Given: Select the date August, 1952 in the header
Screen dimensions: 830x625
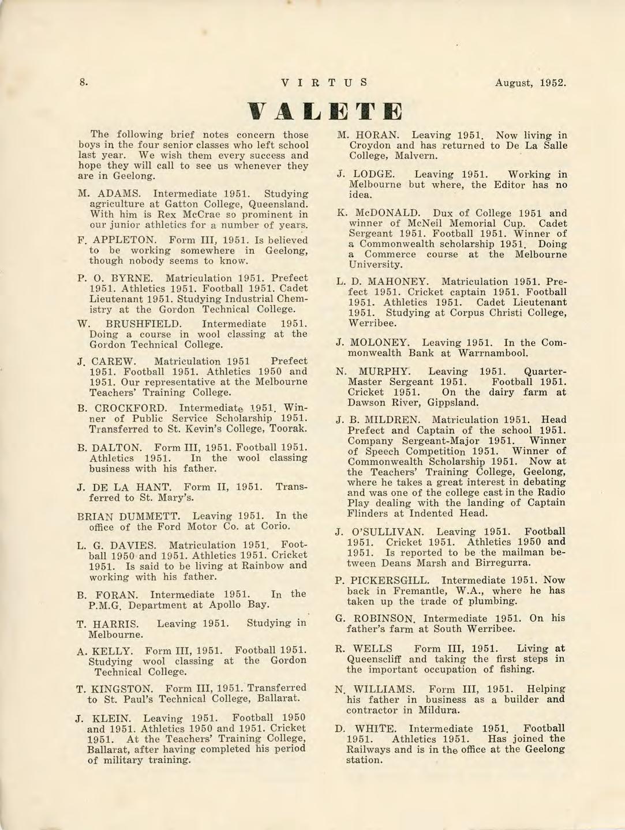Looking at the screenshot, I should coord(530,82).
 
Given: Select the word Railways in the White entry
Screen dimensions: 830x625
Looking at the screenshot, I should coord(368,749).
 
